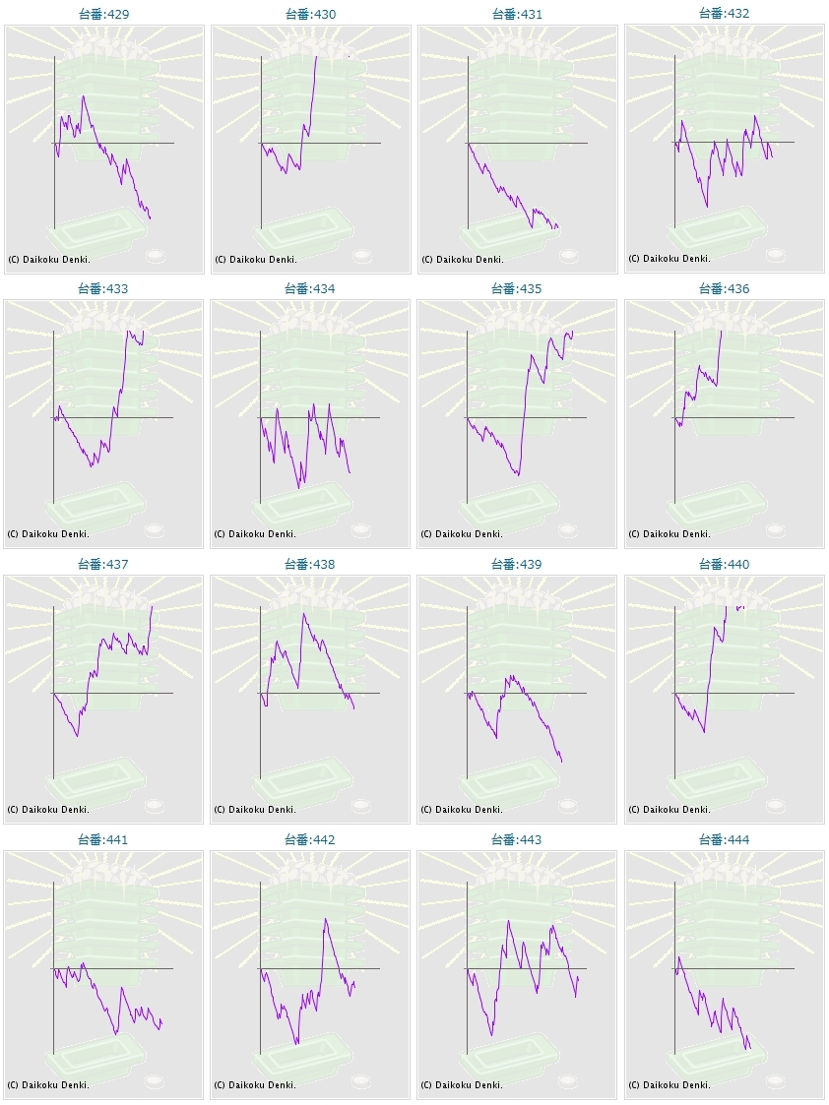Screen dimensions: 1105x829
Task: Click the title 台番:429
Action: coord(103,15)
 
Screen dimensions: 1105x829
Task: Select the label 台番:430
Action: coord(310,15)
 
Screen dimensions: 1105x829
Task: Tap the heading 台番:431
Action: coord(517,15)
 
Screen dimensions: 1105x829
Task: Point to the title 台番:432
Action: coord(724,14)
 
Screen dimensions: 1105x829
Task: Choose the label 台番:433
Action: coord(103,289)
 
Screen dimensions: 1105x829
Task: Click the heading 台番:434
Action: coord(310,289)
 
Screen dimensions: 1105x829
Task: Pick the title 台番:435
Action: coord(517,289)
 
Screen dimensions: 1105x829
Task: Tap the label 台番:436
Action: coord(724,289)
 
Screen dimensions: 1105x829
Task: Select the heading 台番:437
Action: coord(103,565)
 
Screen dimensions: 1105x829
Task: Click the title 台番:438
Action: coord(310,565)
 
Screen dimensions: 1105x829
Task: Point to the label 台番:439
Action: coord(517,565)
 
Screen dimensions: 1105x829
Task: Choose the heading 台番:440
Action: coord(724,565)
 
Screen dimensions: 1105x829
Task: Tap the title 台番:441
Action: coord(103,840)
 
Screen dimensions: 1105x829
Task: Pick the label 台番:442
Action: coord(310,840)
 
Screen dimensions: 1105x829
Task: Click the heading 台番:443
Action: coord(517,840)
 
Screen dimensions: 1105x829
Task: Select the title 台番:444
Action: coord(724,840)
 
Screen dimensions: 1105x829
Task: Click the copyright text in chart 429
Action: coord(48,259)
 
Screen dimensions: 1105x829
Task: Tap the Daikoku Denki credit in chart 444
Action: coord(669,1085)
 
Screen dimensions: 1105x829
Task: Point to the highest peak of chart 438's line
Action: coord(303,614)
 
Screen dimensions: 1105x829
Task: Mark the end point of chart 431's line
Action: coord(557,228)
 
